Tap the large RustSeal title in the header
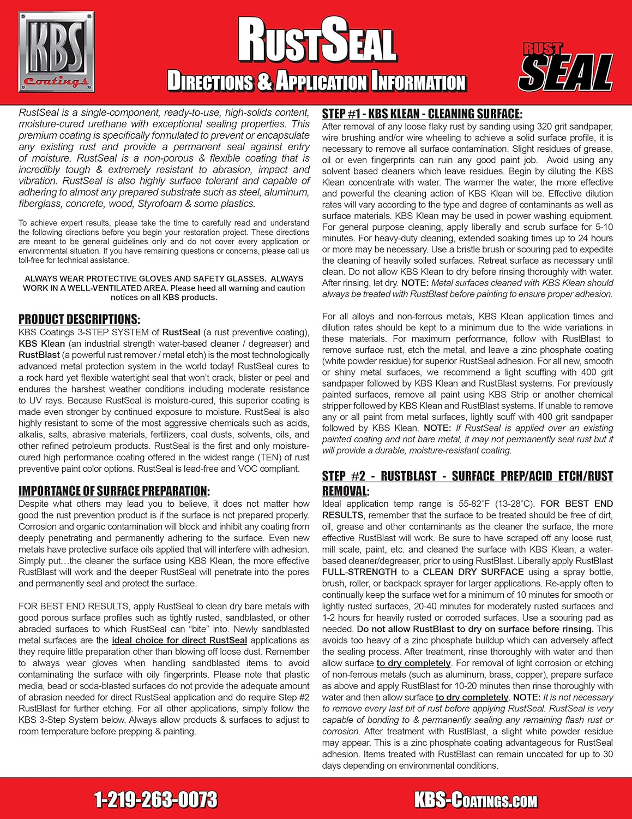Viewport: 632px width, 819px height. pos(316,40)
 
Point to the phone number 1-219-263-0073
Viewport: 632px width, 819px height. pos(156,800)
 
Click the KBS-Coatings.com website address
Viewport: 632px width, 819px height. pos(475,800)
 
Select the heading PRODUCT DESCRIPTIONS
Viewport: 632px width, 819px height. pos(79,319)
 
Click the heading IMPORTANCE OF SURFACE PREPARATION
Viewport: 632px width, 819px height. pos(114,491)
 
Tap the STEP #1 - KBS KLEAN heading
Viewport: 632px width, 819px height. pos(422,114)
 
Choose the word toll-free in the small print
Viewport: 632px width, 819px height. pos(35,260)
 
